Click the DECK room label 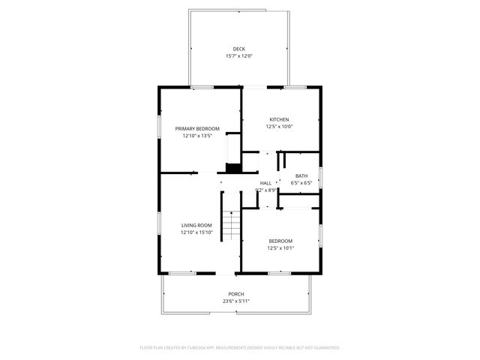238,49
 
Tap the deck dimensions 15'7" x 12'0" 238,56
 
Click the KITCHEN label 279,119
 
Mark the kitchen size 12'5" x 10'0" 279,127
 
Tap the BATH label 301,175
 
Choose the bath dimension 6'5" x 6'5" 301,183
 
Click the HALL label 266,183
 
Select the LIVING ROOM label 196,225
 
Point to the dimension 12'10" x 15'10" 196,232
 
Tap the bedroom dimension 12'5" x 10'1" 281,248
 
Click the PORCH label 236,293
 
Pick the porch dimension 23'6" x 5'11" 236,301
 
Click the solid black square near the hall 233,168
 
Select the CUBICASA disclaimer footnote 240,347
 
